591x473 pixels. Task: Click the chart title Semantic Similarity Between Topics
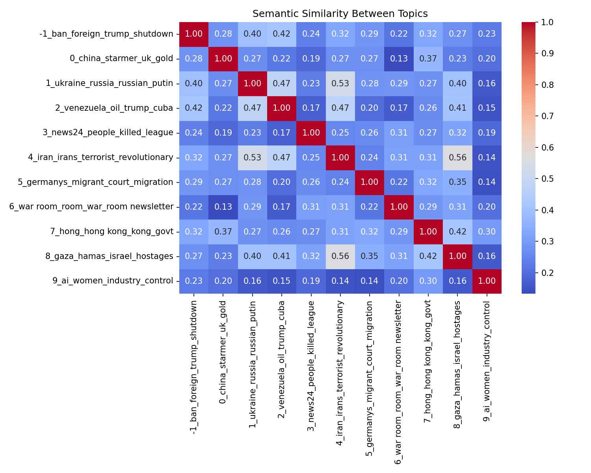point(340,14)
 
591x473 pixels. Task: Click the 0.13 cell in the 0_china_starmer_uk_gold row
point(399,59)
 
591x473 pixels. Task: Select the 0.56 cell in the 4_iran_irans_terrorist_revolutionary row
point(457,158)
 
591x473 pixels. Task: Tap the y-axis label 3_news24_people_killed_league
point(108,133)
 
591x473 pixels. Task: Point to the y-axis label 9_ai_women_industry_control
point(113,281)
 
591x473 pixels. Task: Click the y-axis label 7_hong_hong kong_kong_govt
point(112,231)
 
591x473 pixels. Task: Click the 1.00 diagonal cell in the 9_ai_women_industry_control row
point(487,281)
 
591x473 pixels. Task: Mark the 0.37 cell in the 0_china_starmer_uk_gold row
point(428,59)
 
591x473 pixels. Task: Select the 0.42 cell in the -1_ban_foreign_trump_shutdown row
point(281,34)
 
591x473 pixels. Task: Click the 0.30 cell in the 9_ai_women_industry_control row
point(428,281)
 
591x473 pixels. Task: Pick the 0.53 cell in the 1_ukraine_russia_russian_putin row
point(340,84)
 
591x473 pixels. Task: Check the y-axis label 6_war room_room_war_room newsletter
point(91,207)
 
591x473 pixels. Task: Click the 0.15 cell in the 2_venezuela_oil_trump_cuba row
point(487,108)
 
